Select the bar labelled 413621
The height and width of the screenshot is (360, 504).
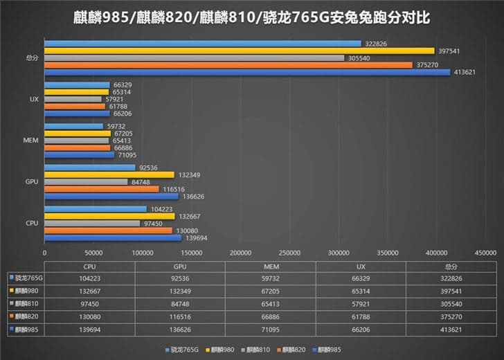(x=247, y=72)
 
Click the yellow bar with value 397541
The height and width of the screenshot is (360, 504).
(x=239, y=51)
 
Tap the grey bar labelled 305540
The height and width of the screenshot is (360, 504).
(x=194, y=57)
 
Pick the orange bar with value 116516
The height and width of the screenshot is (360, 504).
(x=101, y=189)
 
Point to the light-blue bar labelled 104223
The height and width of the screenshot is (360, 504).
(x=96, y=209)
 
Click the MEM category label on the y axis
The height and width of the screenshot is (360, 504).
(x=30, y=141)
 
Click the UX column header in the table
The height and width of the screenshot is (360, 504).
(x=361, y=266)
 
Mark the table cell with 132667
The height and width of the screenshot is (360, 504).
(x=89, y=289)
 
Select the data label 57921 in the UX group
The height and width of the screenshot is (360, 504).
(x=114, y=100)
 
